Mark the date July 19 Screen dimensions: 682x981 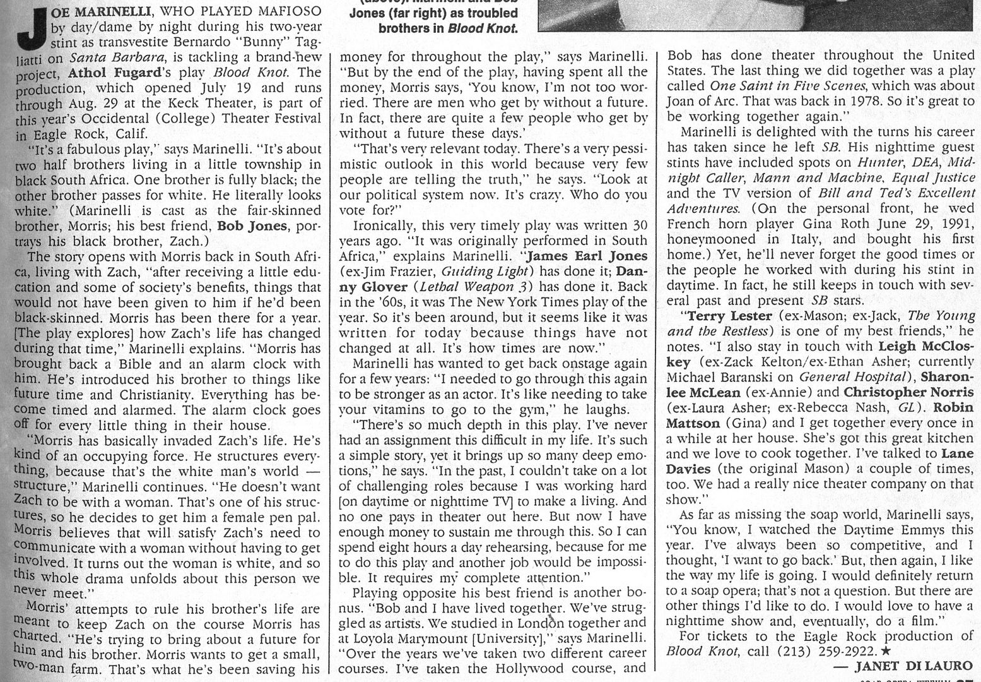[x=206, y=88]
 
